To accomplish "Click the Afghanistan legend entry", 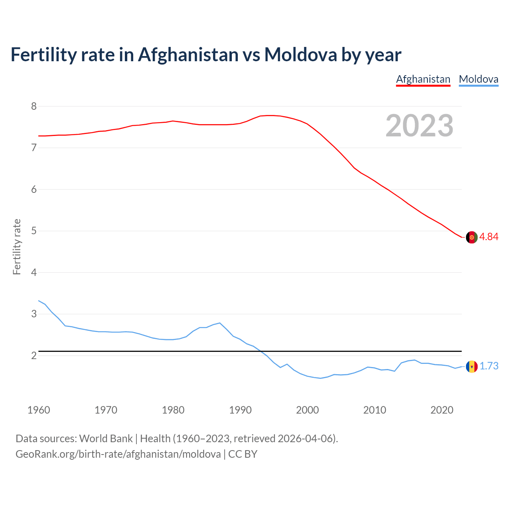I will (x=423, y=79).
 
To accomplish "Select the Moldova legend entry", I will (x=478, y=79).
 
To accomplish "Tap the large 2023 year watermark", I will (x=419, y=126).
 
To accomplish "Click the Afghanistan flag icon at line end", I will (x=472, y=237).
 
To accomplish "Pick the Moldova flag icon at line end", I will (x=472, y=366).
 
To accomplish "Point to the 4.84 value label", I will (x=489, y=237).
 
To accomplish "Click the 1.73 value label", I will (x=489, y=366).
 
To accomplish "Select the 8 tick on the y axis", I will (x=34, y=106).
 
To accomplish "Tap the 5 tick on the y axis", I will (x=34, y=231).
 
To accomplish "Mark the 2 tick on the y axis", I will (x=34, y=356).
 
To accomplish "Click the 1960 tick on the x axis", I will (x=39, y=410).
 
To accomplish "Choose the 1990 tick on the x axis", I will (x=240, y=410).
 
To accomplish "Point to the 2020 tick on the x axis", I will (x=442, y=410).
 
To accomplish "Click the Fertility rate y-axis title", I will (x=17, y=247).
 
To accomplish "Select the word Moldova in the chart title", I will (x=301, y=54).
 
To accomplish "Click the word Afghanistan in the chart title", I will (x=188, y=54).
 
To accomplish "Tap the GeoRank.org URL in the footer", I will (x=118, y=454).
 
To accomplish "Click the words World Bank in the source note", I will (x=106, y=438).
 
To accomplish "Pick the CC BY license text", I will (x=243, y=454).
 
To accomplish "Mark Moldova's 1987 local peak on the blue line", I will (x=220, y=323).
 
